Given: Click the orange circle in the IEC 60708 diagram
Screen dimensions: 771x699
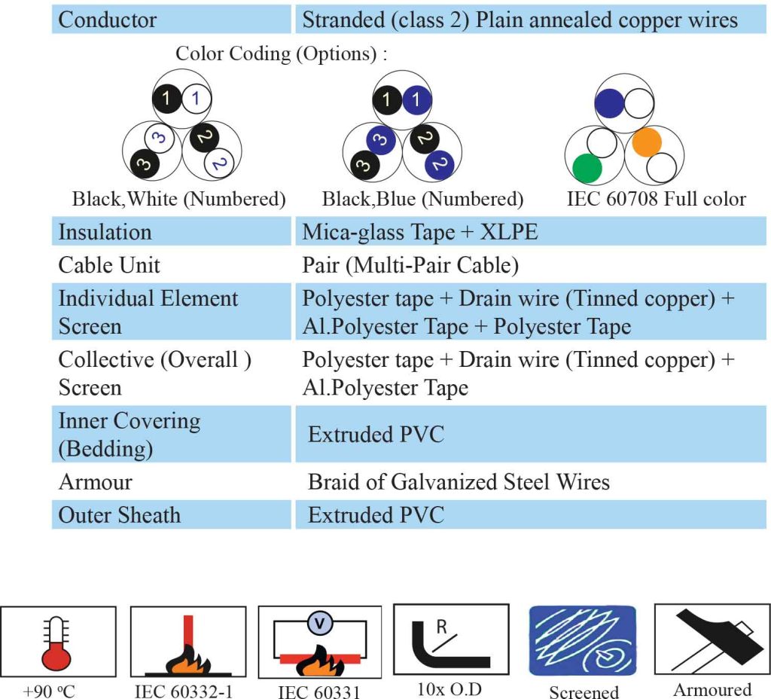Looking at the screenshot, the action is click(647, 142).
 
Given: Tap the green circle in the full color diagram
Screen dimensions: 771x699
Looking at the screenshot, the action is click(587, 168).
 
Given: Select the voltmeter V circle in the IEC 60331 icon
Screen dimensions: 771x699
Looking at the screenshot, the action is click(320, 624).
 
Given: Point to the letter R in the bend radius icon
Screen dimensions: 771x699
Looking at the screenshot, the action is click(441, 627).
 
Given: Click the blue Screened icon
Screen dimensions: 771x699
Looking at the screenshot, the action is click(583, 640).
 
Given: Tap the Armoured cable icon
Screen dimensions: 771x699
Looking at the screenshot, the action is click(712, 641).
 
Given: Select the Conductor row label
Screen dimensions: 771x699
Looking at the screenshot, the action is click(107, 20).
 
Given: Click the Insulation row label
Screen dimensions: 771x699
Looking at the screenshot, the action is click(105, 232).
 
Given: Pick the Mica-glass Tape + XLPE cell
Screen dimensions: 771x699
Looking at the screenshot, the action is click(420, 232).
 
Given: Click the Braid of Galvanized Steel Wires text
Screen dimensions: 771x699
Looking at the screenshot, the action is click(459, 482).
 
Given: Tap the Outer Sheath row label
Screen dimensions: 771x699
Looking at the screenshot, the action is click(120, 515).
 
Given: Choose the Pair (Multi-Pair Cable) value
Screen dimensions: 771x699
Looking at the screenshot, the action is click(410, 266).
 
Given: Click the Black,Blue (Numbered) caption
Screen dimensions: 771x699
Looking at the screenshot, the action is click(423, 199).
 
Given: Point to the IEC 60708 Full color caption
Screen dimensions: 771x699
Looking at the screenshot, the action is click(657, 199).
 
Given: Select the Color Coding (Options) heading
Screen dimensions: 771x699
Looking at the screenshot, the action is click(282, 53).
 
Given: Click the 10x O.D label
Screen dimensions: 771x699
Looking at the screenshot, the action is click(449, 690).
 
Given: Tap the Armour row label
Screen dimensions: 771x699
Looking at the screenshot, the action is click(96, 482).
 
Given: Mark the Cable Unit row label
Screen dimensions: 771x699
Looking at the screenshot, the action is click(109, 265).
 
